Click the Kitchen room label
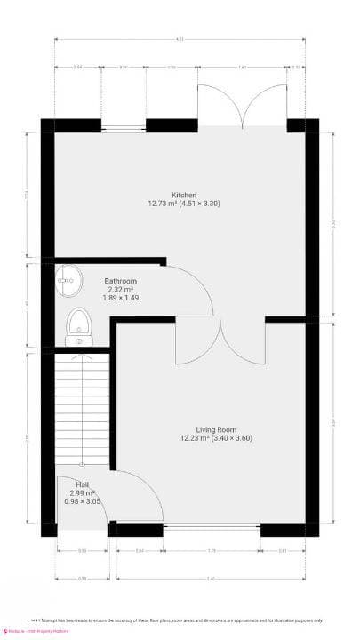pos(184,195)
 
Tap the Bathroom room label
pos(120,280)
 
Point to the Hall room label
pos(82,484)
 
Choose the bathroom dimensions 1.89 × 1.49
pos(120,298)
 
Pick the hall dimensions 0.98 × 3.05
pos(82,502)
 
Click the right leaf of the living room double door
pos(243,347)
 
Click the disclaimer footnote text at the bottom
pos(178,620)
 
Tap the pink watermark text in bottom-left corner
pos(40,631)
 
